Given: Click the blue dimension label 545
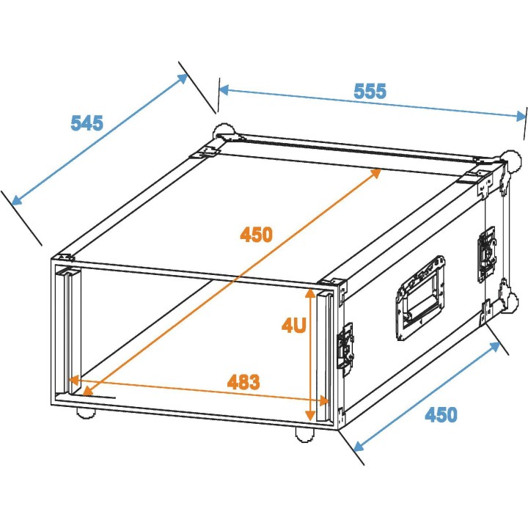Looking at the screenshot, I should tap(87, 122).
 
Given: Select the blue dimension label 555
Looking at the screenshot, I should tap(370, 91).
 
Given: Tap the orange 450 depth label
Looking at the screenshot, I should tap(256, 235).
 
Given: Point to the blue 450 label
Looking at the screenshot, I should tap(441, 414).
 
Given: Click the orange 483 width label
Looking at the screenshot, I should tap(243, 381).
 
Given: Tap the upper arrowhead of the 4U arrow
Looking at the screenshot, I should tap(311, 293).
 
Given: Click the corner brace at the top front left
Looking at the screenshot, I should tap(65, 258).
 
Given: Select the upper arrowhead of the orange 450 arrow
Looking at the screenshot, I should tap(376, 172).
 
